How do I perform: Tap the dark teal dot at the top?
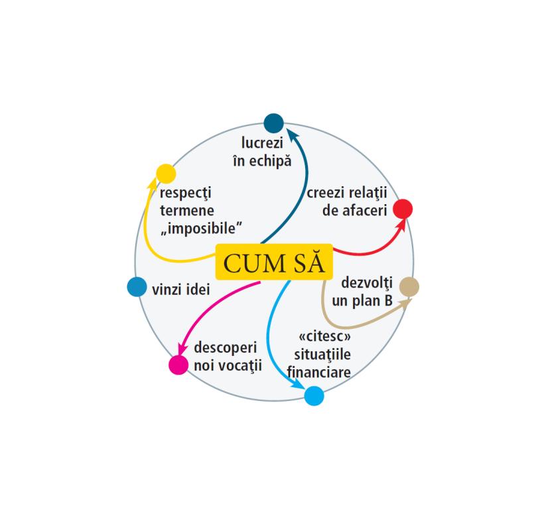[x=273, y=123]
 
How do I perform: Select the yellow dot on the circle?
[x=166, y=174]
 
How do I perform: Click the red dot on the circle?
[x=403, y=209]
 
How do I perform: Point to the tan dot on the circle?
[x=409, y=287]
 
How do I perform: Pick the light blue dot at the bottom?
[x=314, y=396]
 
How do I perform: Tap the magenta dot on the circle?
[x=178, y=365]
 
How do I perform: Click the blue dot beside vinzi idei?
[x=136, y=286]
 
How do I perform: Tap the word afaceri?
[x=359, y=211]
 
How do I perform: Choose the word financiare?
[x=321, y=372]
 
